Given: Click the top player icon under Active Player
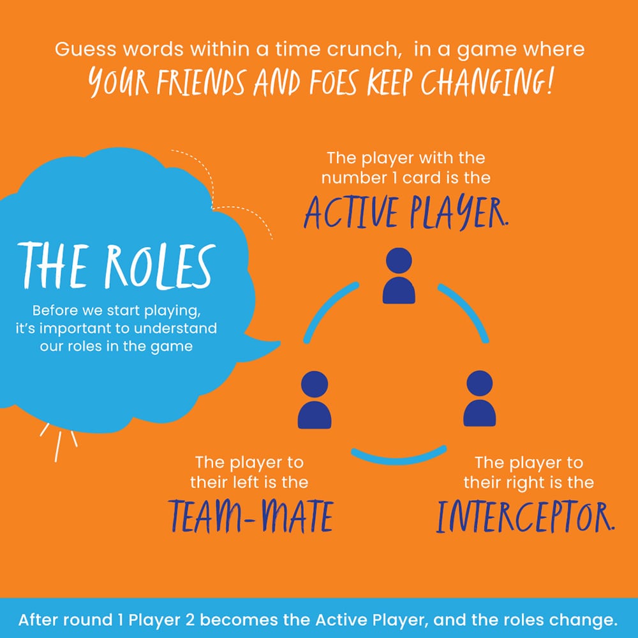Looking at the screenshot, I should [399, 277].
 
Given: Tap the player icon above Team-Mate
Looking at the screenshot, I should [314, 401].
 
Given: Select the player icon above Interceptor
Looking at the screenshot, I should [478, 401].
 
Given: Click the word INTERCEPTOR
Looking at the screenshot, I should [524, 518].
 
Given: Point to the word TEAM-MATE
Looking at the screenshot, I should [251, 518].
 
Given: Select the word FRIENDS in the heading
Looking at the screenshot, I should [191, 83].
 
